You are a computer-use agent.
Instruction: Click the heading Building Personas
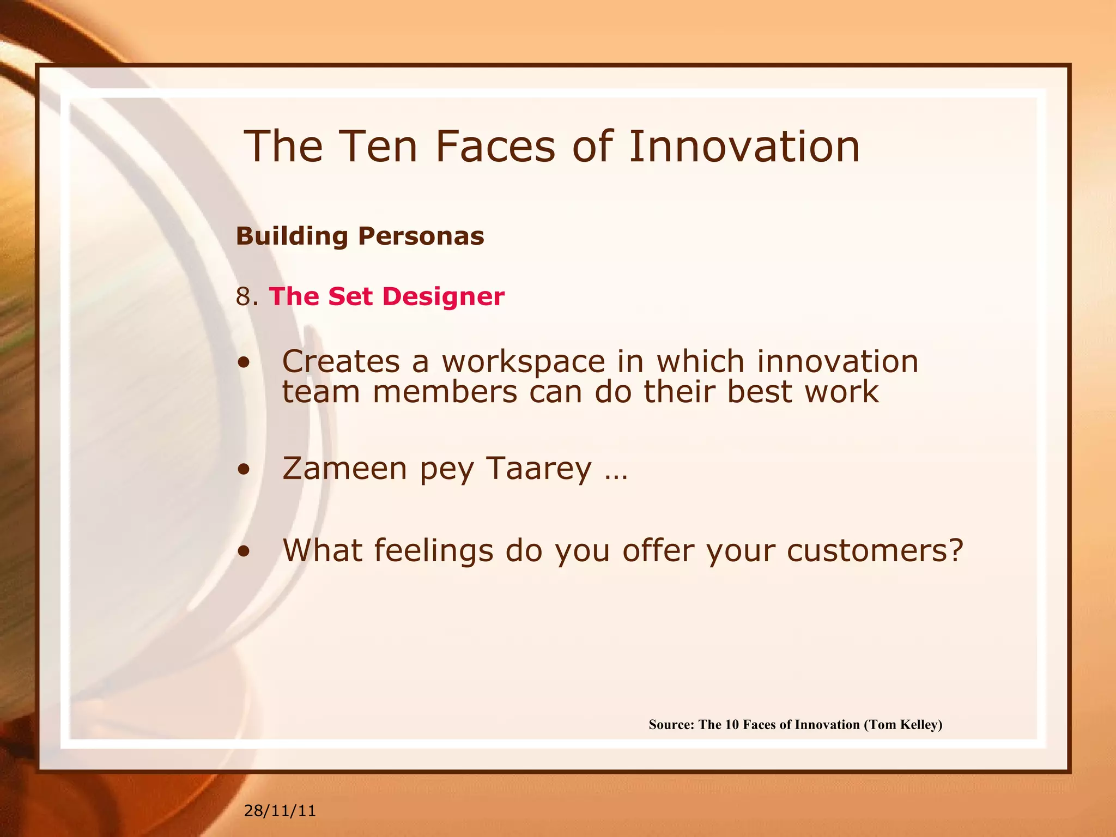pos(360,236)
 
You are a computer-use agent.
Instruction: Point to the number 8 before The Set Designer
pos(243,297)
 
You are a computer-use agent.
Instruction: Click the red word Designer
pos(443,297)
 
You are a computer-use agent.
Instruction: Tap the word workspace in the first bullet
pos(523,362)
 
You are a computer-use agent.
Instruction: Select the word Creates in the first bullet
pos(341,361)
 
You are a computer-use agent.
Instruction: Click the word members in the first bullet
pos(445,392)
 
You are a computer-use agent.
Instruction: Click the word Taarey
pos(538,469)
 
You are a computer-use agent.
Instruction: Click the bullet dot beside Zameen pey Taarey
pos(244,469)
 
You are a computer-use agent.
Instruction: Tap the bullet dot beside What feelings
pos(244,551)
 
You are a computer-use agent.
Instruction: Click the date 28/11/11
pos(280,811)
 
